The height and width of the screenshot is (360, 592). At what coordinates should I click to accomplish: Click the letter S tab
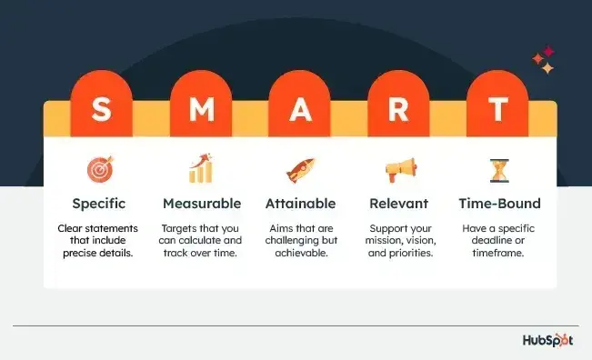[x=101, y=112]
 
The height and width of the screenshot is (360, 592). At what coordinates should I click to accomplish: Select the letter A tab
[x=299, y=112]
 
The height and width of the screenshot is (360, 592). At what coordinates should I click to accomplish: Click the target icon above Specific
[x=100, y=169]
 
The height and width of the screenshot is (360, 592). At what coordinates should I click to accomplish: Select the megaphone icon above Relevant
[x=399, y=169]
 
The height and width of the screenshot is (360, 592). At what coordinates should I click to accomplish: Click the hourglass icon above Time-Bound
[x=498, y=169]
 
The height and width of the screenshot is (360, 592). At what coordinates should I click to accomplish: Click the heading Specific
[x=100, y=204]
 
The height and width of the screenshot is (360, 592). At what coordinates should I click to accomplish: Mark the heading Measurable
[x=201, y=204]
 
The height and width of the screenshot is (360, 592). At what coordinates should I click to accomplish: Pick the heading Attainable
[x=300, y=204]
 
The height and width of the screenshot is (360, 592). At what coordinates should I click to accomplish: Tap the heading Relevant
[x=399, y=204]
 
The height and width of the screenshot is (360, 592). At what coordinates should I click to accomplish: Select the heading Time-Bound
[x=498, y=204]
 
